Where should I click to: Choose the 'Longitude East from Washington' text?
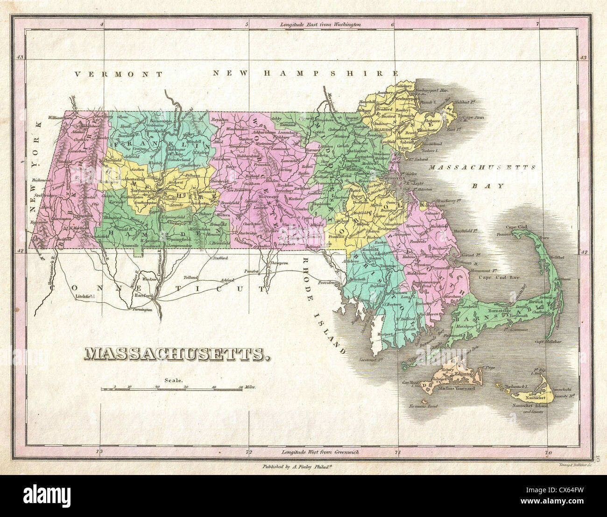click(x=320, y=23)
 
